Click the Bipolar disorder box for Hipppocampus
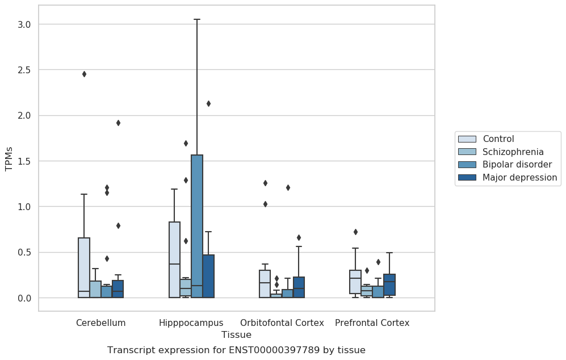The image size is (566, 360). click(x=197, y=227)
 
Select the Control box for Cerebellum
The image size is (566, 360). click(x=84, y=267)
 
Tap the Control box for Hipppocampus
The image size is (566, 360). click(x=175, y=260)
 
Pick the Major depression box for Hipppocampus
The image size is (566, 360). click(x=208, y=276)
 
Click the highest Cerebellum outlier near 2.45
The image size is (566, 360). click(x=84, y=74)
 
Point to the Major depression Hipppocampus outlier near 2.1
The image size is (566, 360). click(x=208, y=104)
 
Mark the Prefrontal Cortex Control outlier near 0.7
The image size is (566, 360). click(x=355, y=232)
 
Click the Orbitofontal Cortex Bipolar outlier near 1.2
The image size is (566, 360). click(x=288, y=188)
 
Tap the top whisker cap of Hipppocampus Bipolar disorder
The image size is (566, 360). click(x=197, y=19)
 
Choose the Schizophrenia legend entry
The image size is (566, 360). click(x=501, y=152)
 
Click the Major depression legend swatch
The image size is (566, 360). click(x=467, y=177)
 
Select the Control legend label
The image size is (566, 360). click(x=498, y=139)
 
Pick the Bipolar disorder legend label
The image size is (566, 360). click(x=517, y=164)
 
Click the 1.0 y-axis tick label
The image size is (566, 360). click(x=24, y=207)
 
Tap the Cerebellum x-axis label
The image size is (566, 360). click(x=100, y=323)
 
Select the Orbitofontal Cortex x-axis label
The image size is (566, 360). click(x=282, y=323)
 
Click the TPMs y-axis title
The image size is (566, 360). click(x=9, y=159)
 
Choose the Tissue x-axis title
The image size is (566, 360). click(x=236, y=334)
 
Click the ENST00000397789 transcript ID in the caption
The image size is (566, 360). click(x=274, y=350)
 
